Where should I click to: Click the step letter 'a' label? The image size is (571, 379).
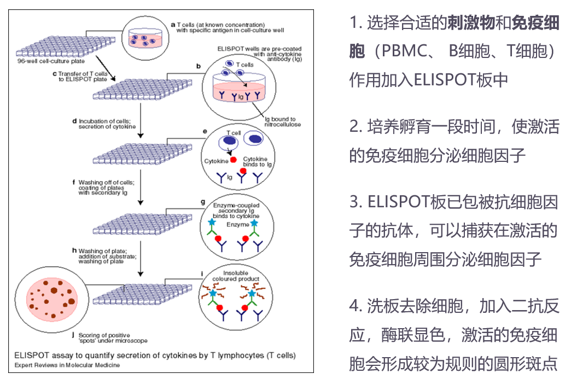pyautogui.click(x=173, y=24)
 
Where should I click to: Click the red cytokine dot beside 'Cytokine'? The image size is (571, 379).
pyautogui.click(x=233, y=160)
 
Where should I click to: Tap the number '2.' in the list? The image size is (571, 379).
pyautogui.click(x=357, y=127)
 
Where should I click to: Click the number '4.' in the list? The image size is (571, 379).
pyautogui.click(x=357, y=306)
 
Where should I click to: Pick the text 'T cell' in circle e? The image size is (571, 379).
pyautogui.click(x=235, y=133)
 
